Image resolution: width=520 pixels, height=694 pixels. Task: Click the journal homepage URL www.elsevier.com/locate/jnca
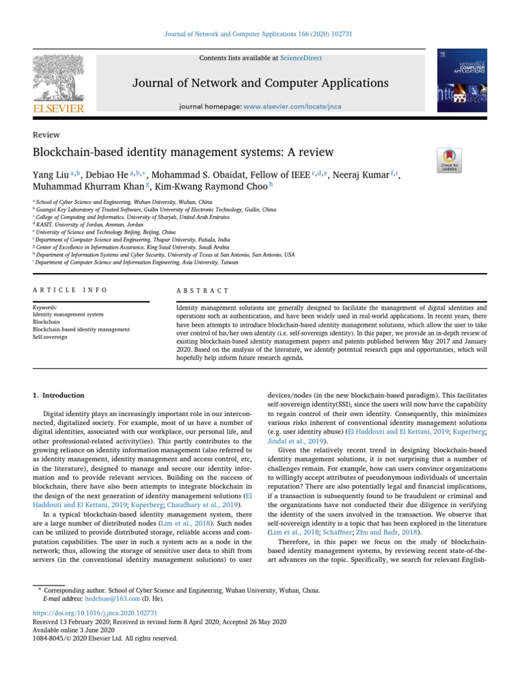[287, 107]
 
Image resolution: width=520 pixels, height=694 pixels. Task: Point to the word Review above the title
[46, 135]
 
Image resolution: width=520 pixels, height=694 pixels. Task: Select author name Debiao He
[105, 176]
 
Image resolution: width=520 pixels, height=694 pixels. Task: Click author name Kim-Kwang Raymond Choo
[212, 187]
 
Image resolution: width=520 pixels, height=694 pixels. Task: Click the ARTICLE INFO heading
[70, 290]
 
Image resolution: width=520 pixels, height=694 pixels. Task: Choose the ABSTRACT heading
[202, 290]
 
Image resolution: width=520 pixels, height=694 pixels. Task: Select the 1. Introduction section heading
[59, 395]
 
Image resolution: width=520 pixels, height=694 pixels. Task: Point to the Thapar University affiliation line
[133, 240]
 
